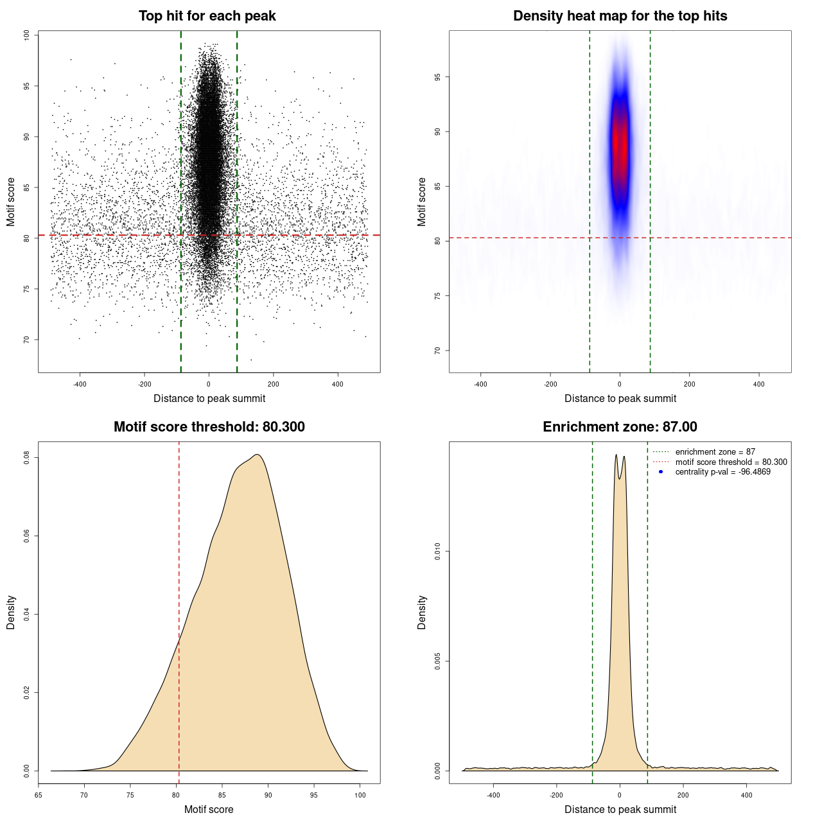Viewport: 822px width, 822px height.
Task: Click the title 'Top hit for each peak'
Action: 207,16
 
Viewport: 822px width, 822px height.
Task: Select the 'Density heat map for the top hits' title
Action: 620,16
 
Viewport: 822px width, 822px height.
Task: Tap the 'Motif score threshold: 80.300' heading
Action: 209,427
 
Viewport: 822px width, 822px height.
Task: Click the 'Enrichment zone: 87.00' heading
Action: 620,427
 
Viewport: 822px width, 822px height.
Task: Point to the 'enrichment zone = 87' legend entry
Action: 715,452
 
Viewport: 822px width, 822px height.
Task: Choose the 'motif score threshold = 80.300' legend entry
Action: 731,462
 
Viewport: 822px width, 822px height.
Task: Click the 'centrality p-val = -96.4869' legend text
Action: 722,472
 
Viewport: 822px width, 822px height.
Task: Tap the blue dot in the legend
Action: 661,472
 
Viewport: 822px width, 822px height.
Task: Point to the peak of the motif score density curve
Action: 257,455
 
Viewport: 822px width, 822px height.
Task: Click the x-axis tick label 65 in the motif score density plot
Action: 39,795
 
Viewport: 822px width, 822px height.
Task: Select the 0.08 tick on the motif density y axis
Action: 27,457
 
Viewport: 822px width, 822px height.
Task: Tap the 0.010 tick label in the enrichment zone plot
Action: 438,551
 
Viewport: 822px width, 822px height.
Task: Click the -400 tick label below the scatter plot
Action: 80,384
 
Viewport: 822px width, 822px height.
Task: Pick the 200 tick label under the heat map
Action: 689,384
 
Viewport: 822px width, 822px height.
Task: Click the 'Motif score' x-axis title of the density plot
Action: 209,809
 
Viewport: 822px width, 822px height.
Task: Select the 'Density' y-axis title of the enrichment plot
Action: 422,612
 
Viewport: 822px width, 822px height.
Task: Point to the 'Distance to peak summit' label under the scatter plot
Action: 209,398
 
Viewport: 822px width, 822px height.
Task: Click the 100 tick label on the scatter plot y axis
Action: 27,35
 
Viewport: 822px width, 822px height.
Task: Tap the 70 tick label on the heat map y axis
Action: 438,351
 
